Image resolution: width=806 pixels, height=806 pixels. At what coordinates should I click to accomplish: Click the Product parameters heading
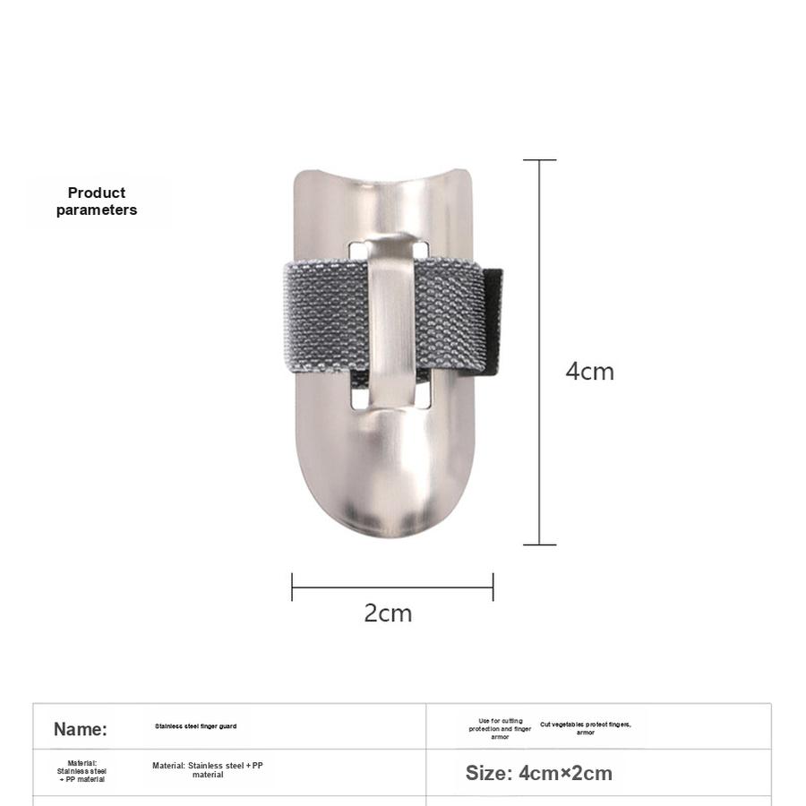tap(97, 201)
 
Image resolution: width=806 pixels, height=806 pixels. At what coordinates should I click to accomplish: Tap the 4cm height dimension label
tap(589, 371)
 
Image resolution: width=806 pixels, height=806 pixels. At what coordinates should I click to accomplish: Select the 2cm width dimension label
tap(388, 613)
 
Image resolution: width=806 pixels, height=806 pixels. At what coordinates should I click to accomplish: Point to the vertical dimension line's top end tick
tap(539, 160)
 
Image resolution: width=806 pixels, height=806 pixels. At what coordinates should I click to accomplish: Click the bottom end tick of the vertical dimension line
tap(539, 544)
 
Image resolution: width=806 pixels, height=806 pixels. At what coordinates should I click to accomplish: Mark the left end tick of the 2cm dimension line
tap(292, 587)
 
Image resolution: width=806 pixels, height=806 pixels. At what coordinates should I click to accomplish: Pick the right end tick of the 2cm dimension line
tap(493, 587)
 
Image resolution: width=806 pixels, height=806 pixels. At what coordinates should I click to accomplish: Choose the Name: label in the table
tap(80, 729)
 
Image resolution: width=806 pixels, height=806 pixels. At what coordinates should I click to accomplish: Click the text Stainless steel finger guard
tap(195, 726)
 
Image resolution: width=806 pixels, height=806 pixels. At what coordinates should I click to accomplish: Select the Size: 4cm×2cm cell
tap(538, 773)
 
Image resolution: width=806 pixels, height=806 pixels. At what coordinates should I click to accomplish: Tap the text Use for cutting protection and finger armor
tap(501, 729)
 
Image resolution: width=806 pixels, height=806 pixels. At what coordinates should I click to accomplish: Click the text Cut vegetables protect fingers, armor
tap(586, 728)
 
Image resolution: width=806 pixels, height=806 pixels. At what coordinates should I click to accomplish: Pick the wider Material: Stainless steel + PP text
tap(208, 770)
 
